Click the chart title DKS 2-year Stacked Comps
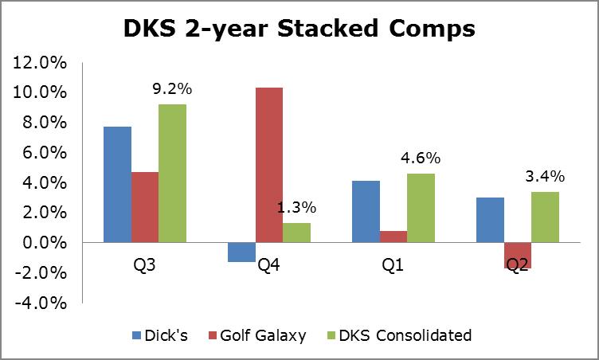click(299, 29)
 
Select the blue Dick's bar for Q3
click(118, 184)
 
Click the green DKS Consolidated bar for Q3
click(172, 173)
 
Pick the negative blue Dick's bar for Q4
click(241, 252)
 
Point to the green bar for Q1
click(420, 208)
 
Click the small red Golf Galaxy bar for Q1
click(393, 237)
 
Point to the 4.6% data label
click(420, 158)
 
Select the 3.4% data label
click(545, 175)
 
